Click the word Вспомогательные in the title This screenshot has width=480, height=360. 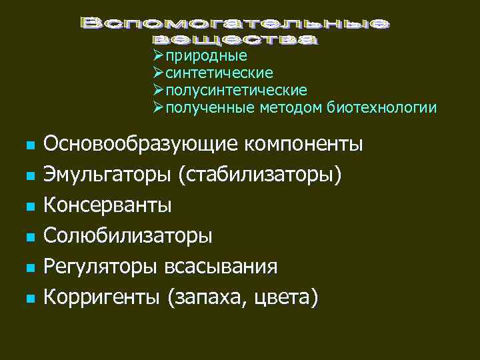[x=235, y=24]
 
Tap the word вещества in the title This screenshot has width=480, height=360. [x=235, y=39]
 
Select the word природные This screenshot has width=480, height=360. [x=207, y=56]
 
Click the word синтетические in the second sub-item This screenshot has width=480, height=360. [x=219, y=73]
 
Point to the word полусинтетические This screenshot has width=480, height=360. [x=236, y=90]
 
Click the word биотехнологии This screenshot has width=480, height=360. [x=382, y=107]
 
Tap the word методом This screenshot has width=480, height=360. [x=291, y=107]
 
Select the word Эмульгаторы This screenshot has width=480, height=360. [x=107, y=175]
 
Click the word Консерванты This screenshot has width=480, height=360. [x=107, y=205]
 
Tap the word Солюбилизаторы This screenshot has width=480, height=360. [x=128, y=236]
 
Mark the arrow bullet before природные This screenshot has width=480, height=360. [x=158, y=55]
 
